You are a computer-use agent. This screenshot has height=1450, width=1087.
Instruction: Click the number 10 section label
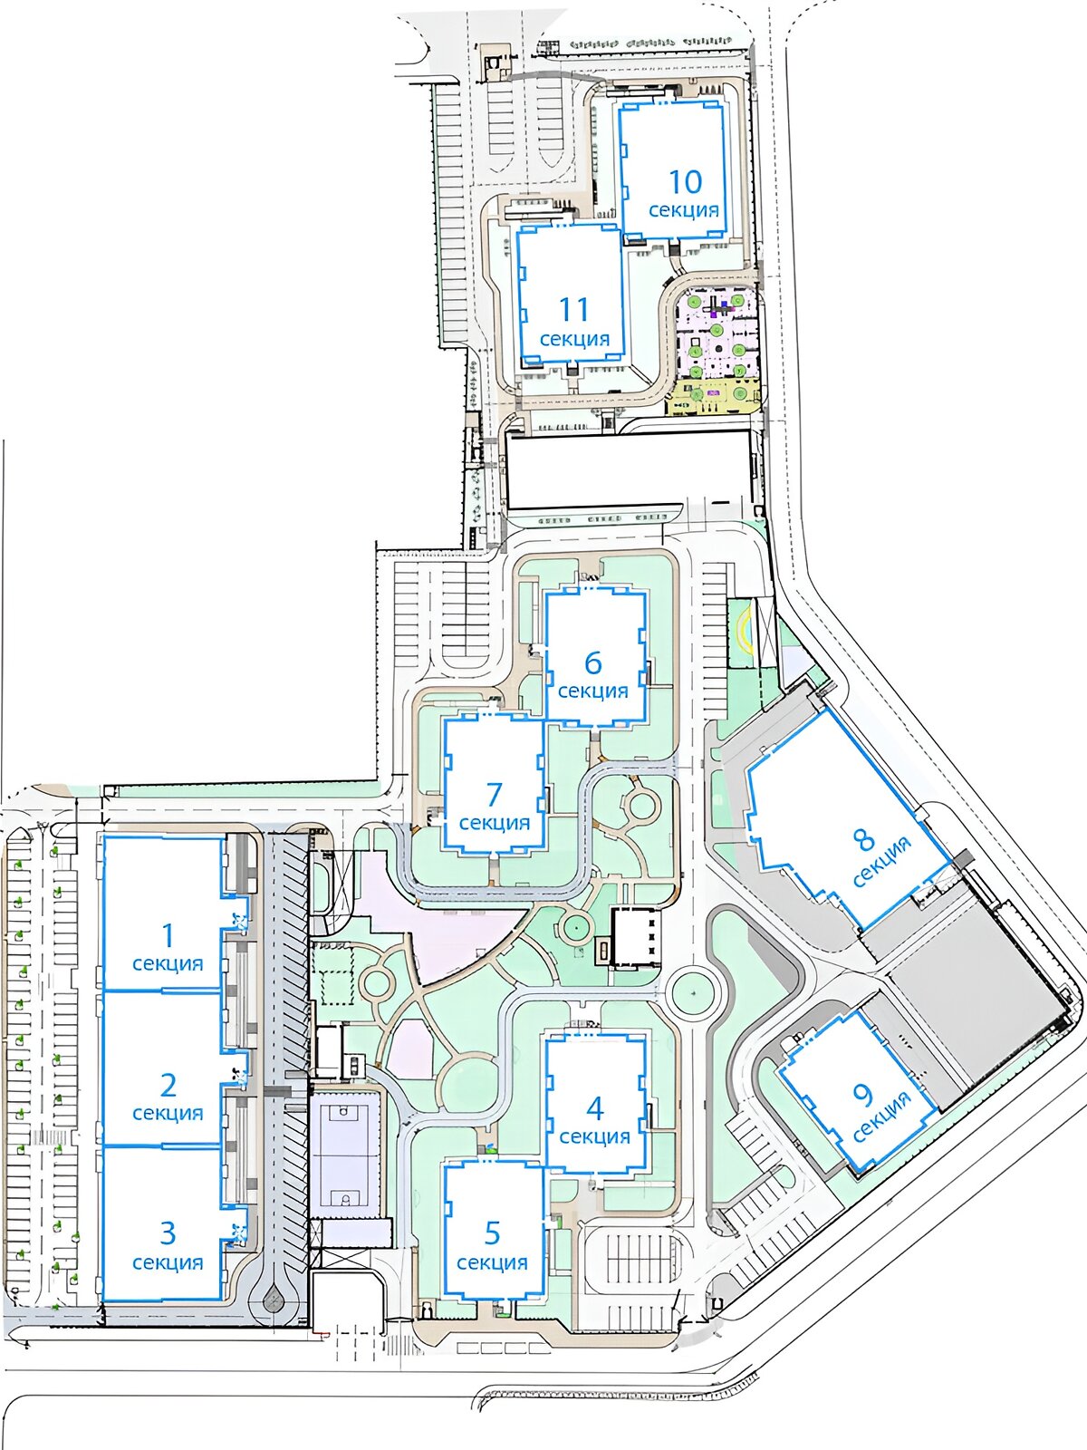point(686,181)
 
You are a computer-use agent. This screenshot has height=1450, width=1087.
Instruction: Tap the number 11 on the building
point(574,309)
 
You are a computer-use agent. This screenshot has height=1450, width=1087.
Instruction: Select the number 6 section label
point(593,662)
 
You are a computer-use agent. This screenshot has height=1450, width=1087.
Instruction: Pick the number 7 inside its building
point(495,795)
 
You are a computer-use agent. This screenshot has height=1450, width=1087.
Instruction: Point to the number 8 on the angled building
point(863,839)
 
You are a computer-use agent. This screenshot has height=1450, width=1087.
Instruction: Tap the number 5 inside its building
point(493,1232)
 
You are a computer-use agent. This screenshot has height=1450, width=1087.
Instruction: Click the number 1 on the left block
point(168,935)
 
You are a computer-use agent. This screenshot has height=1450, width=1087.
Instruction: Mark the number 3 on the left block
point(168,1232)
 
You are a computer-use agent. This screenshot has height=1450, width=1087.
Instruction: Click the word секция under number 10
point(684,211)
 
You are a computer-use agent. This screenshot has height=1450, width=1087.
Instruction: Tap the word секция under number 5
point(493,1263)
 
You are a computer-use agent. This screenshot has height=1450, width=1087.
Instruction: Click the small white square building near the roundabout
point(636,939)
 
